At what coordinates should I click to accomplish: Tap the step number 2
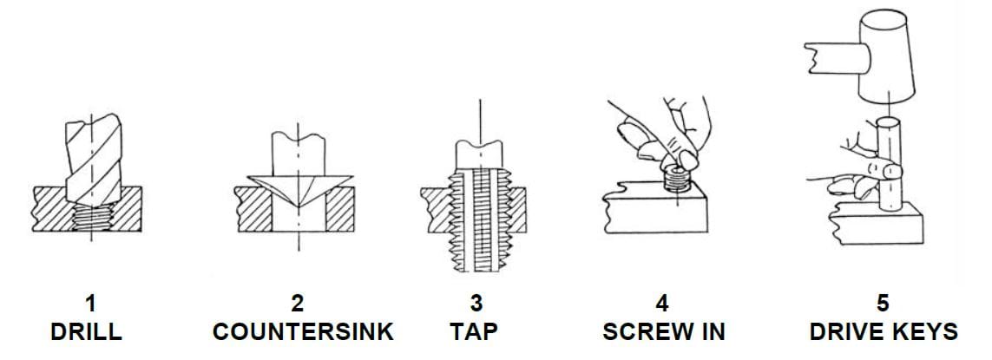pos(298,304)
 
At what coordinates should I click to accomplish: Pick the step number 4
pos(663,304)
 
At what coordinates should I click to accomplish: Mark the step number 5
pos(883,304)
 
